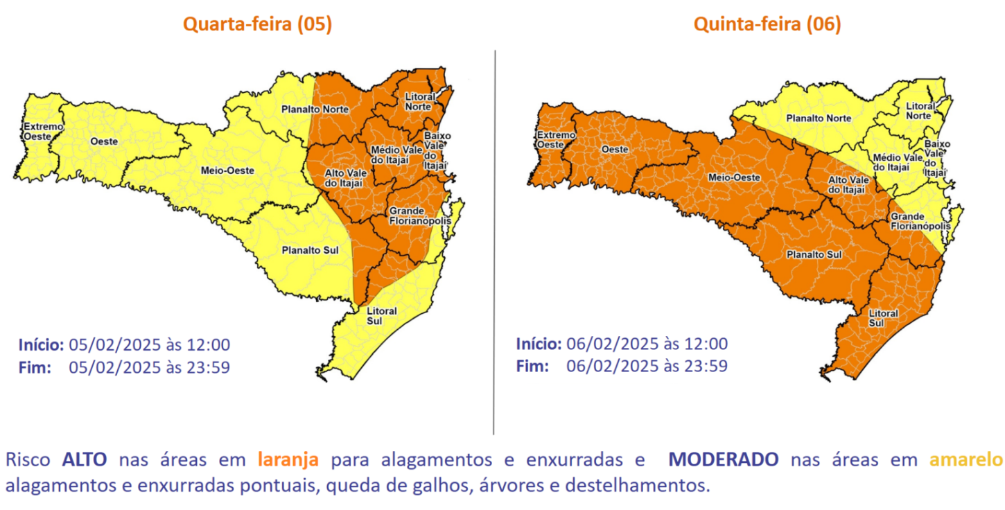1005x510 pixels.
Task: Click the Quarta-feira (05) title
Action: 257,24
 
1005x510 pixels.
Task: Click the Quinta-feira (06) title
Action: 767,24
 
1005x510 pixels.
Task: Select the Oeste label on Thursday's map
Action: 615,149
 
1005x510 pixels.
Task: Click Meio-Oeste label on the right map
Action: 733,177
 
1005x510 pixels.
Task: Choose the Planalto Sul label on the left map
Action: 309,249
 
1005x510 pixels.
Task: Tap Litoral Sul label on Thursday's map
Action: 883,318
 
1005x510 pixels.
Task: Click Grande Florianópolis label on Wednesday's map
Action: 420,216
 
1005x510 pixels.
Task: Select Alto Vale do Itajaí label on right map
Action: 847,184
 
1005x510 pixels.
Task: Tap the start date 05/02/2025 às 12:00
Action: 150,344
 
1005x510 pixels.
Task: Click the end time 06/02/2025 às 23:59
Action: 647,366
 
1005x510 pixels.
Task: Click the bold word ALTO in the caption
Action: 84,459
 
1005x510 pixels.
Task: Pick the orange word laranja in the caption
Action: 288,459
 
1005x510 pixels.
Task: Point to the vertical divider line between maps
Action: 494,243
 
